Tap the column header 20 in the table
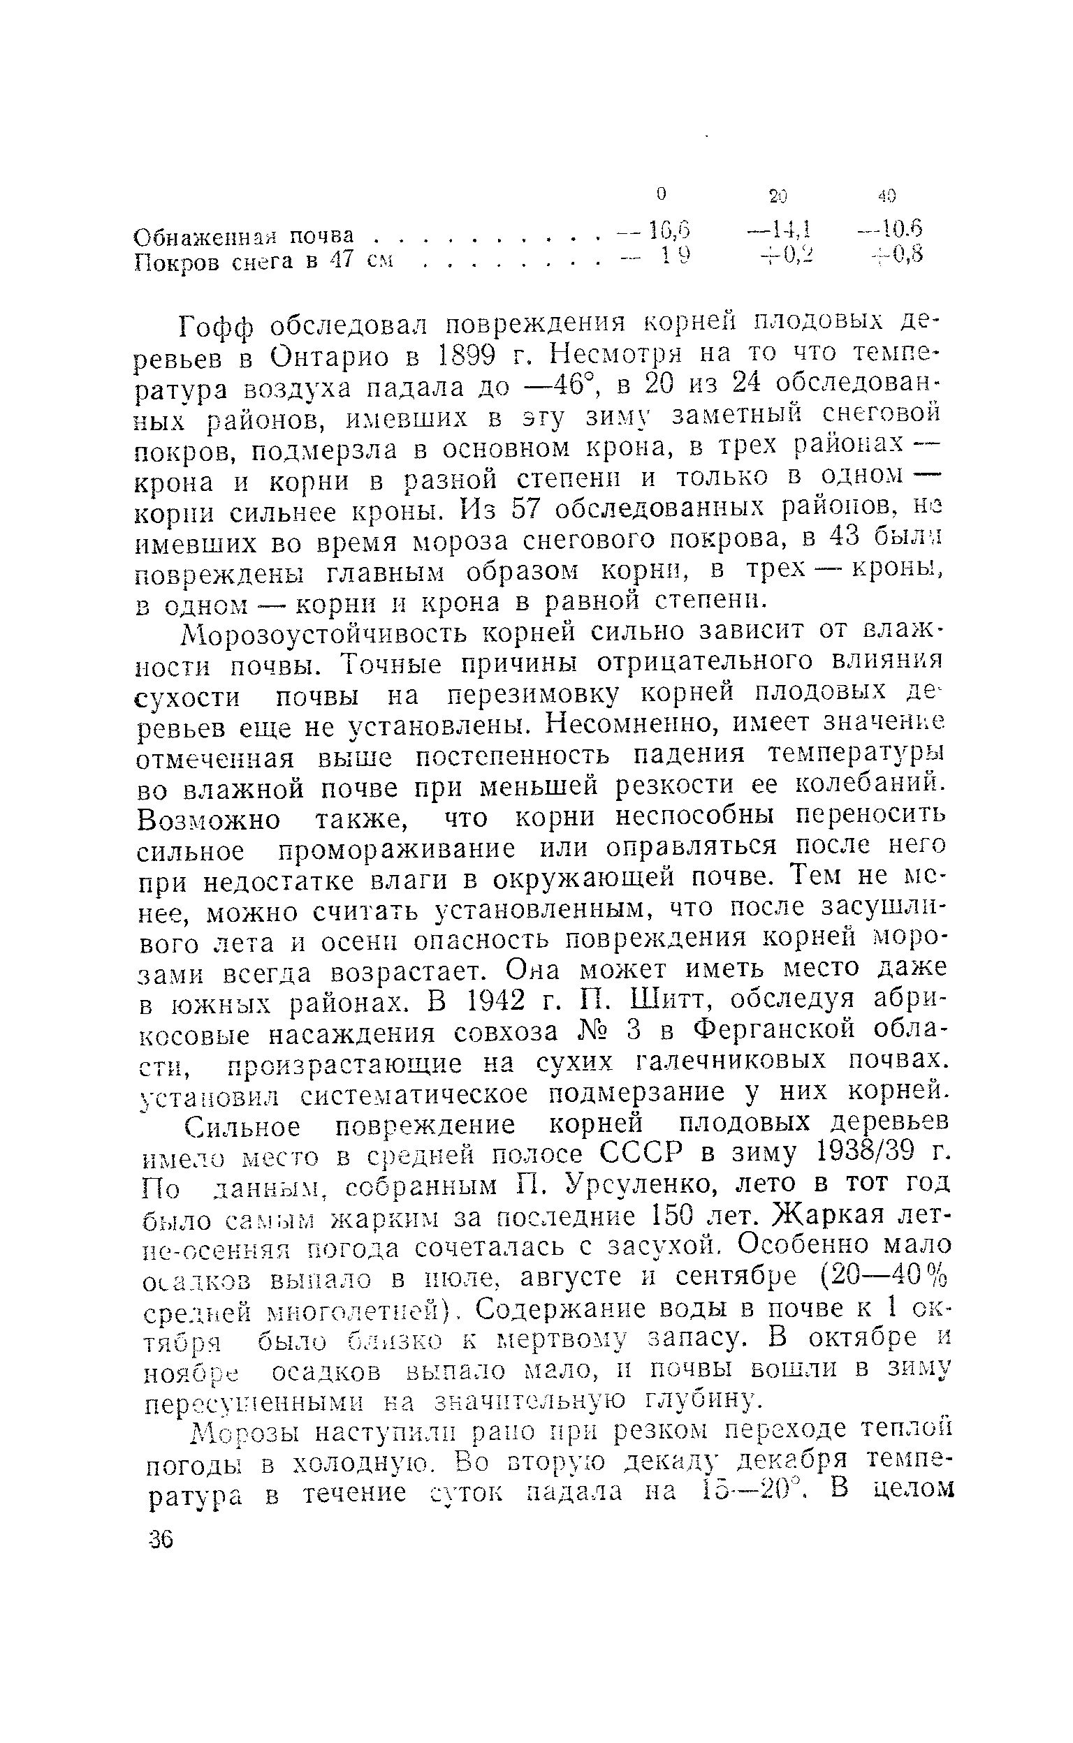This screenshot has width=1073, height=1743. coord(778,196)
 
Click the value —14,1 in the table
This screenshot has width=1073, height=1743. coord(780,228)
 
